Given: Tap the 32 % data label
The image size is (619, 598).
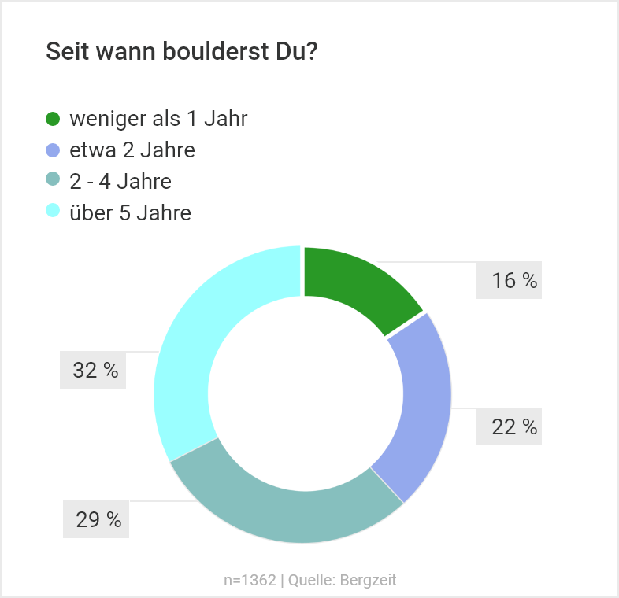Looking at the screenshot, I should point(95,371).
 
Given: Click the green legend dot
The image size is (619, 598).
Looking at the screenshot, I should point(54,120).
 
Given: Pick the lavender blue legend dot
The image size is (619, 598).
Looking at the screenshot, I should point(54,150).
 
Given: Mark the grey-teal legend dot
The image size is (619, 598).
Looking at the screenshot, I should point(54,182).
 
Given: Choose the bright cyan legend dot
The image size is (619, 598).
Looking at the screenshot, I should point(54,212).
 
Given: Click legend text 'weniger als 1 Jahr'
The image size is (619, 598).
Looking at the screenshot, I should point(158,120).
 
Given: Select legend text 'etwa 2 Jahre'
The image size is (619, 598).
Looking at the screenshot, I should point(132,150).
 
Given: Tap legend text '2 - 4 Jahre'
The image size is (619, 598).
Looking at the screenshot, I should point(120,182).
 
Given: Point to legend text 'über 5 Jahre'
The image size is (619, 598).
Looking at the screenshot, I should point(130,212).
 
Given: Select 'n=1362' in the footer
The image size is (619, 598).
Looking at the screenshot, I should point(250,581).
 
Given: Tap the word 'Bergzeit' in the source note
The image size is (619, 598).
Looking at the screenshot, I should point(369,581).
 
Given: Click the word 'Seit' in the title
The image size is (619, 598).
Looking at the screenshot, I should point(66,52).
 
